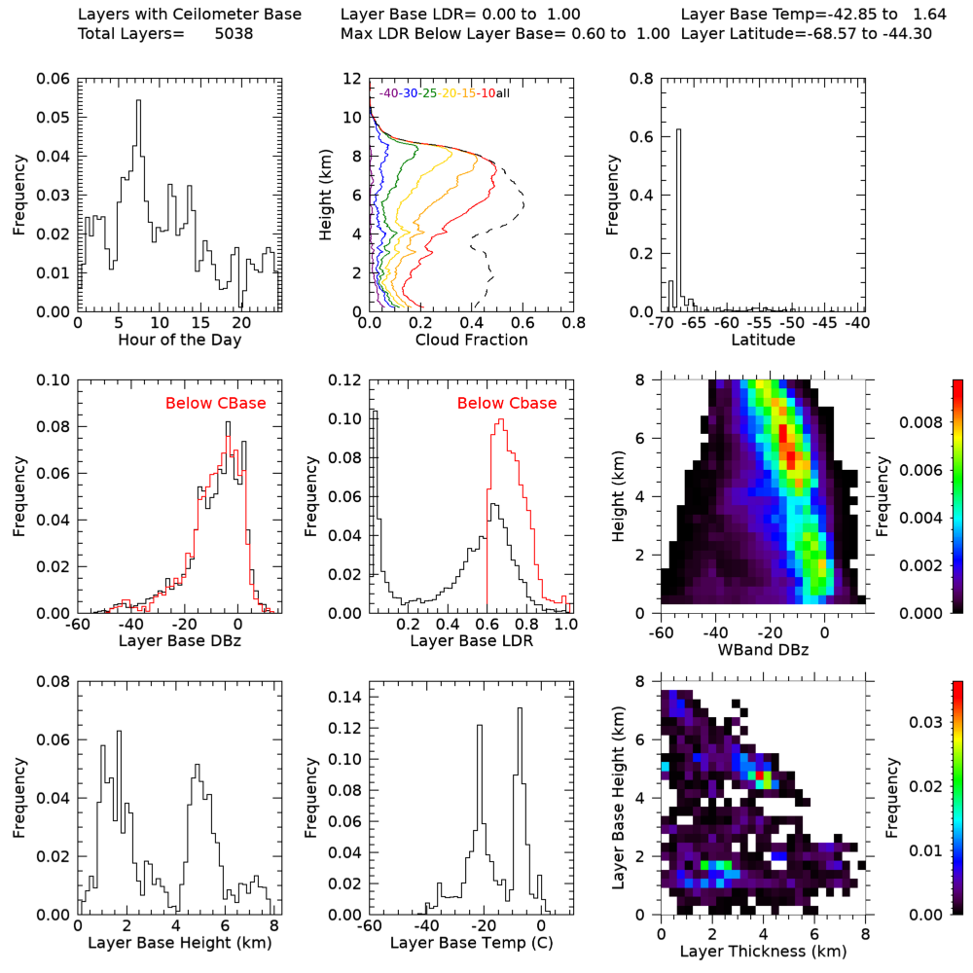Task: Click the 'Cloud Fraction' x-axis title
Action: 471,341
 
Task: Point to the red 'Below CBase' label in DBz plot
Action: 216,403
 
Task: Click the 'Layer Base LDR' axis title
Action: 471,642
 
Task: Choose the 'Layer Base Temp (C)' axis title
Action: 471,943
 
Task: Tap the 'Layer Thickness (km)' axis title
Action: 764,951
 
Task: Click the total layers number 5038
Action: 234,34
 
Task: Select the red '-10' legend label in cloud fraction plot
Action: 487,92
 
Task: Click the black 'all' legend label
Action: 504,92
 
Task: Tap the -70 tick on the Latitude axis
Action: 664,322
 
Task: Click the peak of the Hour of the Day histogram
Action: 138,101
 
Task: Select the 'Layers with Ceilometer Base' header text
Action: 189,15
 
